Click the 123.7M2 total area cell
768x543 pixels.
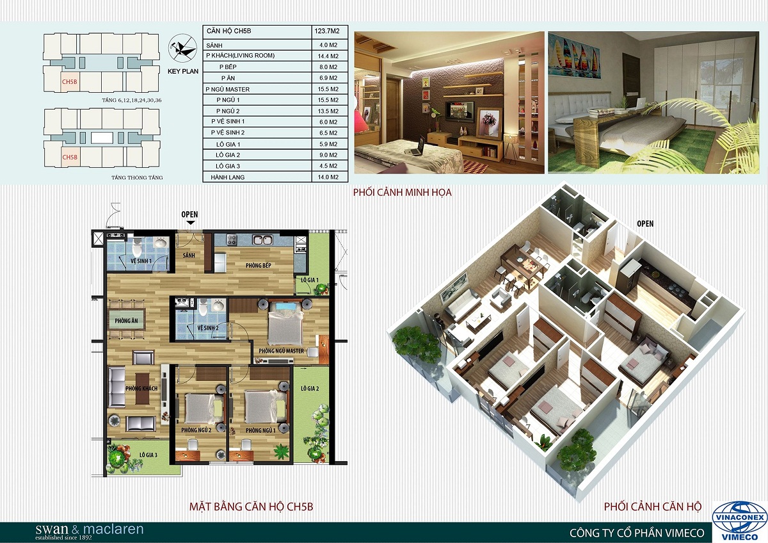pyautogui.click(x=327, y=31)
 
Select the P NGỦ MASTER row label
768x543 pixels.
pyautogui.click(x=228, y=89)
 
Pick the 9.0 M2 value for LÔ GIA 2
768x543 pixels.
pyautogui.click(x=328, y=155)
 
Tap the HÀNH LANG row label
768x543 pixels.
pyautogui.click(x=228, y=177)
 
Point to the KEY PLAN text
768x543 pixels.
pyautogui.click(x=183, y=71)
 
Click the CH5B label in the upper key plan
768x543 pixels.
pyautogui.click(x=69, y=82)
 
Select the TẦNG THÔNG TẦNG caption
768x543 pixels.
pyautogui.click(x=137, y=177)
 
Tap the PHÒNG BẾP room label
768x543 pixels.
pyautogui.click(x=258, y=265)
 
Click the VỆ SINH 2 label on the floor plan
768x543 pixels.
pyautogui.click(x=209, y=328)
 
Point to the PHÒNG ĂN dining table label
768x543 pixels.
pyautogui.click(x=126, y=321)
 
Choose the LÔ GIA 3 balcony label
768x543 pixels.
pyautogui.click(x=148, y=455)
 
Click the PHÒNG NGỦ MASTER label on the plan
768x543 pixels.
pyautogui.click(x=281, y=351)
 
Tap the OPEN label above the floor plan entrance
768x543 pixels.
pyautogui.click(x=189, y=215)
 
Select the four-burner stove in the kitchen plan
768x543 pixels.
pyautogui.click(x=232, y=239)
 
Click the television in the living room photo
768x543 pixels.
pyautogui.click(x=459, y=111)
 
